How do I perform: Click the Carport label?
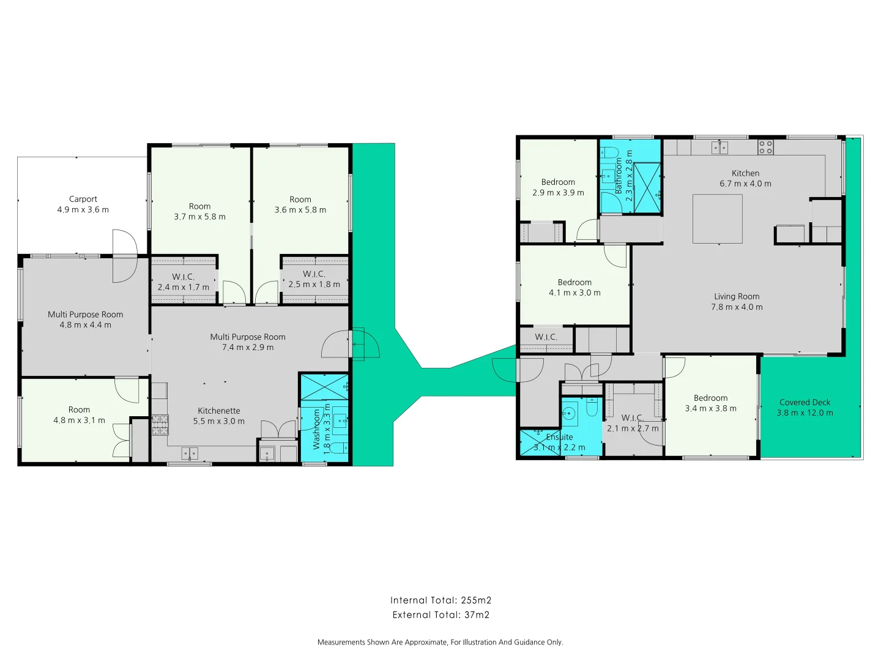(83, 199)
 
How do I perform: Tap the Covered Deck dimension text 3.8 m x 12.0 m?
(805, 413)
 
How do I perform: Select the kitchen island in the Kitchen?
(717, 218)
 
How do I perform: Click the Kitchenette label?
(218, 411)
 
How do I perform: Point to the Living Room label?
(737, 296)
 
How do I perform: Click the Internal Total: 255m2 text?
(441, 600)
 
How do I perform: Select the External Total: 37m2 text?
(441, 615)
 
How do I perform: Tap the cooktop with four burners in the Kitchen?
(765, 147)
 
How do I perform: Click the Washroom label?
(316, 429)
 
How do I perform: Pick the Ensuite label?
(559, 437)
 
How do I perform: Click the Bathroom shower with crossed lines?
(647, 187)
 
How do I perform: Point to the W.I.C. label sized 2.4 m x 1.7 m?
(183, 277)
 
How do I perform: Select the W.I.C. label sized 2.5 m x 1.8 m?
(314, 274)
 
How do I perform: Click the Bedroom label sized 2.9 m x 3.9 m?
(558, 182)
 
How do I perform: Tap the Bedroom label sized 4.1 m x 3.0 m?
(574, 282)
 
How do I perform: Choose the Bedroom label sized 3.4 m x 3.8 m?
(710, 398)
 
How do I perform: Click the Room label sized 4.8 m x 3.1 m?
(79, 409)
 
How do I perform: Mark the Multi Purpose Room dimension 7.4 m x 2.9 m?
(248, 348)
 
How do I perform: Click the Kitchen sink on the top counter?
(719, 147)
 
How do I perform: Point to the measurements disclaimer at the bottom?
(441, 642)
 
